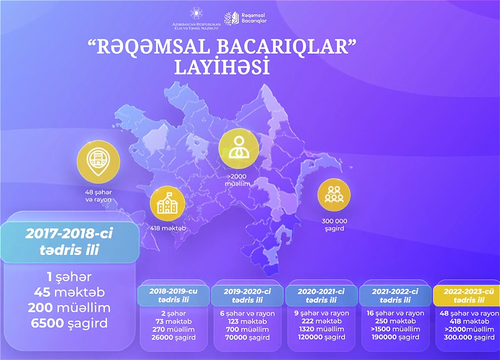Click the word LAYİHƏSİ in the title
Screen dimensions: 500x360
coord(222,67)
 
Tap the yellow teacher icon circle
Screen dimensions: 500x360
coord(239,149)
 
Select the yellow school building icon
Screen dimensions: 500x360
coord(167,204)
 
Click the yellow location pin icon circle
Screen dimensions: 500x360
coord(98,162)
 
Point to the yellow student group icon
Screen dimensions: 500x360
coord(334,195)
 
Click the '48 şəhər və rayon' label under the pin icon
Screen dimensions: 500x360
coord(98,196)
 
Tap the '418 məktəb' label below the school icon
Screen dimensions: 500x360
coord(167,228)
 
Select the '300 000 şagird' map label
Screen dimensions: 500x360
coord(334,225)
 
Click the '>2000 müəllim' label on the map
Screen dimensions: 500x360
coord(237,180)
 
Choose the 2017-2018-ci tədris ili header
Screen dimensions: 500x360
coord(69,242)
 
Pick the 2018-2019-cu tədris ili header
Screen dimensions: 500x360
coord(174,296)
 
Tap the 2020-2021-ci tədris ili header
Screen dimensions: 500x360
coord(321,296)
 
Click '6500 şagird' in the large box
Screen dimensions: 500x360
coord(69,323)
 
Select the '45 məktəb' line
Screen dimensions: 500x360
coord(69,292)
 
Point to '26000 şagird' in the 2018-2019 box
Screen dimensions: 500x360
coord(174,337)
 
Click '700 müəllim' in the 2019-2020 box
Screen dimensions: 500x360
coord(247,329)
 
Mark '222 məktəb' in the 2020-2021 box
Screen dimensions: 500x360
coord(321,321)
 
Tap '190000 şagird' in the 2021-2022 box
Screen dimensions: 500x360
coord(396,337)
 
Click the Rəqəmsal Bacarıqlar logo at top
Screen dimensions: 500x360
coord(245,19)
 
